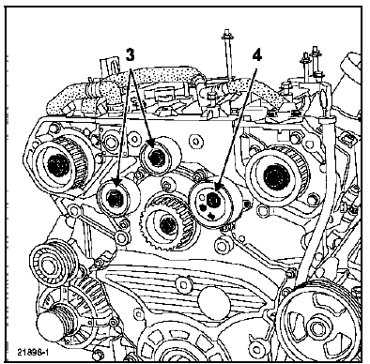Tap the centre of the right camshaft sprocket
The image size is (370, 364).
(274, 174)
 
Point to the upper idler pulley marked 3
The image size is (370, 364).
(156, 155)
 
